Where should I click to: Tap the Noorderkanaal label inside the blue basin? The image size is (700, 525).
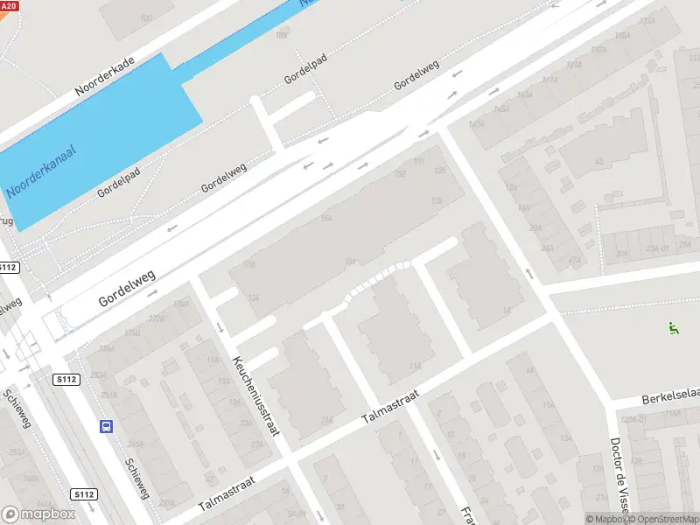41,170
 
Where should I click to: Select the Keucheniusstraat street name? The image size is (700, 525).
254,395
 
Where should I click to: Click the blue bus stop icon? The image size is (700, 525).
106,427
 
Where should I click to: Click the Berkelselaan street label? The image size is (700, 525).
669,396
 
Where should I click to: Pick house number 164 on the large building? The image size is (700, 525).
326,218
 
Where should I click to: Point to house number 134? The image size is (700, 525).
254,298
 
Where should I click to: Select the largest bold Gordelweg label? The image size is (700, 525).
127,287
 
